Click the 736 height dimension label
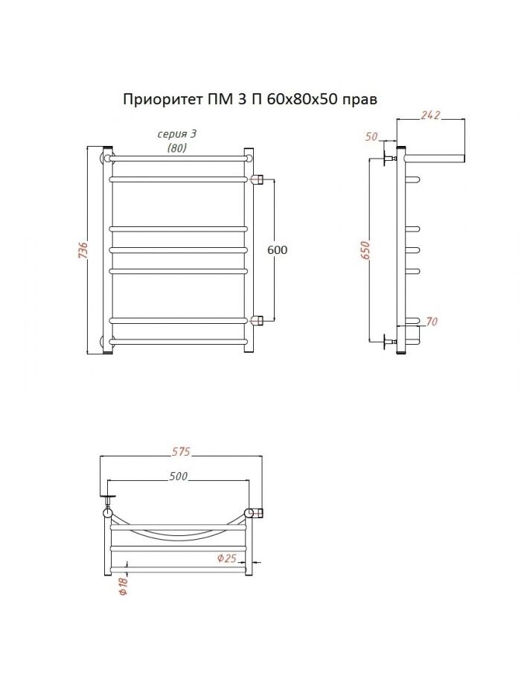tap(83, 250)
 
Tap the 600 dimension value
tap(278, 249)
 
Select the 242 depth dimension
tap(430, 115)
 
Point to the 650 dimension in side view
tap(365, 250)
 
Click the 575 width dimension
tap(181, 451)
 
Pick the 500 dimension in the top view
tap(179, 477)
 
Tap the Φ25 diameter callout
tap(226, 558)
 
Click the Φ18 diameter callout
tap(124, 585)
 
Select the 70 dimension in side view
tap(432, 322)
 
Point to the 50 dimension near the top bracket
tap(371, 136)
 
